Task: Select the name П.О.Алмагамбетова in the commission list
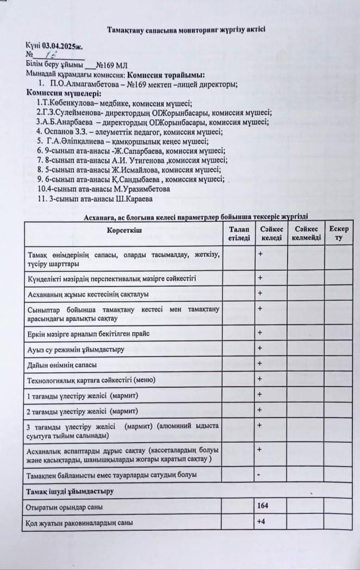tap(80, 84)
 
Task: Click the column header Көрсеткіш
tap(124, 231)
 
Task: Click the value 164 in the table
tap(263, 506)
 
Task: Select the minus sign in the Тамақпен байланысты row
tap(259, 475)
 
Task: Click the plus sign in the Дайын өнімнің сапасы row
tap(260, 363)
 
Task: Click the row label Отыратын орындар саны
tap(65, 507)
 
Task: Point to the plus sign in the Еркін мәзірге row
tap(260, 332)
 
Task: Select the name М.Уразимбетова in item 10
tap(142, 189)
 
